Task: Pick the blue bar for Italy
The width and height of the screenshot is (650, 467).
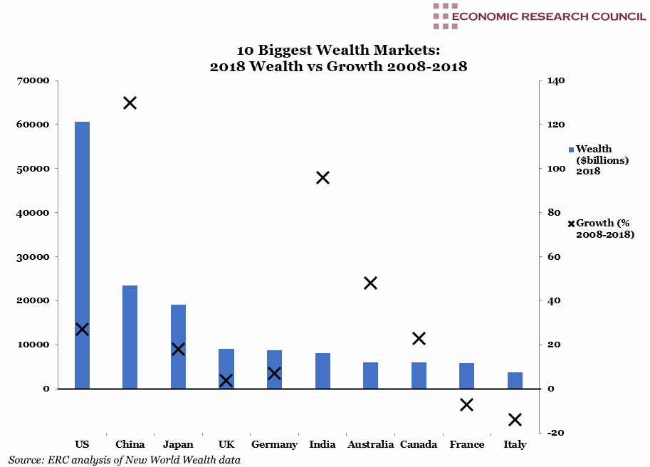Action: click(515, 380)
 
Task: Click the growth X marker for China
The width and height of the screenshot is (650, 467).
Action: click(130, 103)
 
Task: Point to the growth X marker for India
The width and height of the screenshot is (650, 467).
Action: click(323, 177)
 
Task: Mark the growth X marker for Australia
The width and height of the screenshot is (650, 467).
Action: click(370, 283)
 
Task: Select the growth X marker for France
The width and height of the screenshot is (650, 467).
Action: click(466, 404)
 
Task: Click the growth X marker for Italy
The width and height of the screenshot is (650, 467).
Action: click(515, 419)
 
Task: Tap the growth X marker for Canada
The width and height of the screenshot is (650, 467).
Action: click(419, 338)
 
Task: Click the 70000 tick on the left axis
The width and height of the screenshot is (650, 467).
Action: click(34, 81)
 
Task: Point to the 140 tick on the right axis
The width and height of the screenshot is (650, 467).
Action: click(556, 81)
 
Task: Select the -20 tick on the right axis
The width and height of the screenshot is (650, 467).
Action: click(555, 433)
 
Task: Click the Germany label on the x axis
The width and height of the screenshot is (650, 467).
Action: click(274, 445)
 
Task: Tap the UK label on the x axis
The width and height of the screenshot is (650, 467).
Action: click(226, 445)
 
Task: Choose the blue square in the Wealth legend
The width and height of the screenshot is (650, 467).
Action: click(571, 149)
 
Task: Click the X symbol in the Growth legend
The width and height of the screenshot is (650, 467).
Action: click(571, 224)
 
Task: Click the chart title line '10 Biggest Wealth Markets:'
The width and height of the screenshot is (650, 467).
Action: click(338, 51)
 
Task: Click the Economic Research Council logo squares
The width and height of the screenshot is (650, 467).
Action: click(445, 16)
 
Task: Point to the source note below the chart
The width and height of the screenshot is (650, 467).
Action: click(125, 460)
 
